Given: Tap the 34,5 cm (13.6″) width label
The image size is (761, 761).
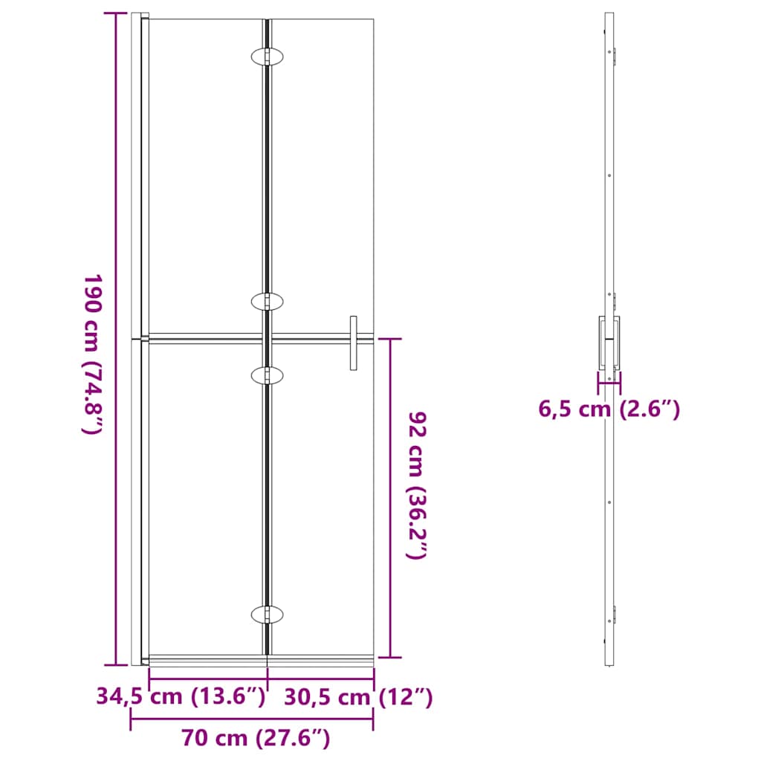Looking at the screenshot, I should coord(181,697).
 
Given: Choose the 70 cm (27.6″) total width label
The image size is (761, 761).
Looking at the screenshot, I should coord(255,738).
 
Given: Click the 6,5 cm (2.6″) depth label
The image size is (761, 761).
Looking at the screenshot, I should coord(609,409).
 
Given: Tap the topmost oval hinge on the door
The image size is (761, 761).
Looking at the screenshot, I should coord(267,56).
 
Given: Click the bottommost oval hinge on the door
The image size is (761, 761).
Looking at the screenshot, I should coord(267,615).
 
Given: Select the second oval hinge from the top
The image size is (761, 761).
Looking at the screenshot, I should coord(267,301).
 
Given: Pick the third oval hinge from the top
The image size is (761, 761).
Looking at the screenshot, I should coord(267,376).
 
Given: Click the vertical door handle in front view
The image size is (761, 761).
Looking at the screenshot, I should coord(354,342).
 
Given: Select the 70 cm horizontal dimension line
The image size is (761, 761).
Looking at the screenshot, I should coord(252,719).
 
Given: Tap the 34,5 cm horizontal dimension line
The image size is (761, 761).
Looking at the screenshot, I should coord(208,678).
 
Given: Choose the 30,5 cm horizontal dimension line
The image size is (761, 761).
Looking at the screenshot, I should coord(320,678).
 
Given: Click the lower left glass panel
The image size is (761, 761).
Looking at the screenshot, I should coord(207,498).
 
